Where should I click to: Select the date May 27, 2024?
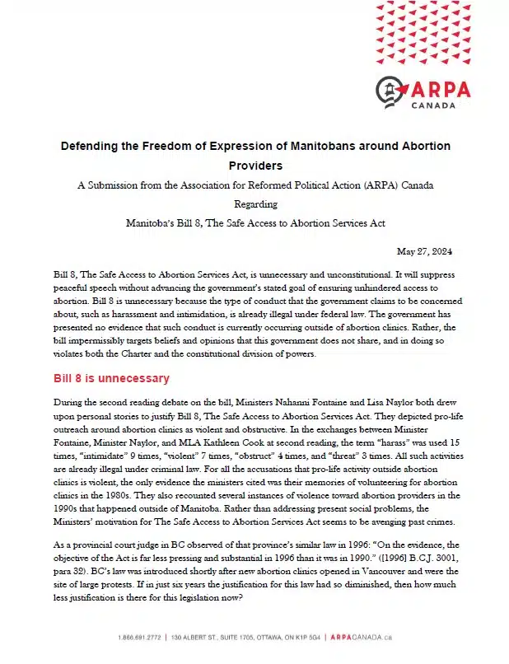[424, 251]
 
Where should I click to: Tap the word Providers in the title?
[255, 166]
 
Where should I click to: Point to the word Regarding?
[255, 203]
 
